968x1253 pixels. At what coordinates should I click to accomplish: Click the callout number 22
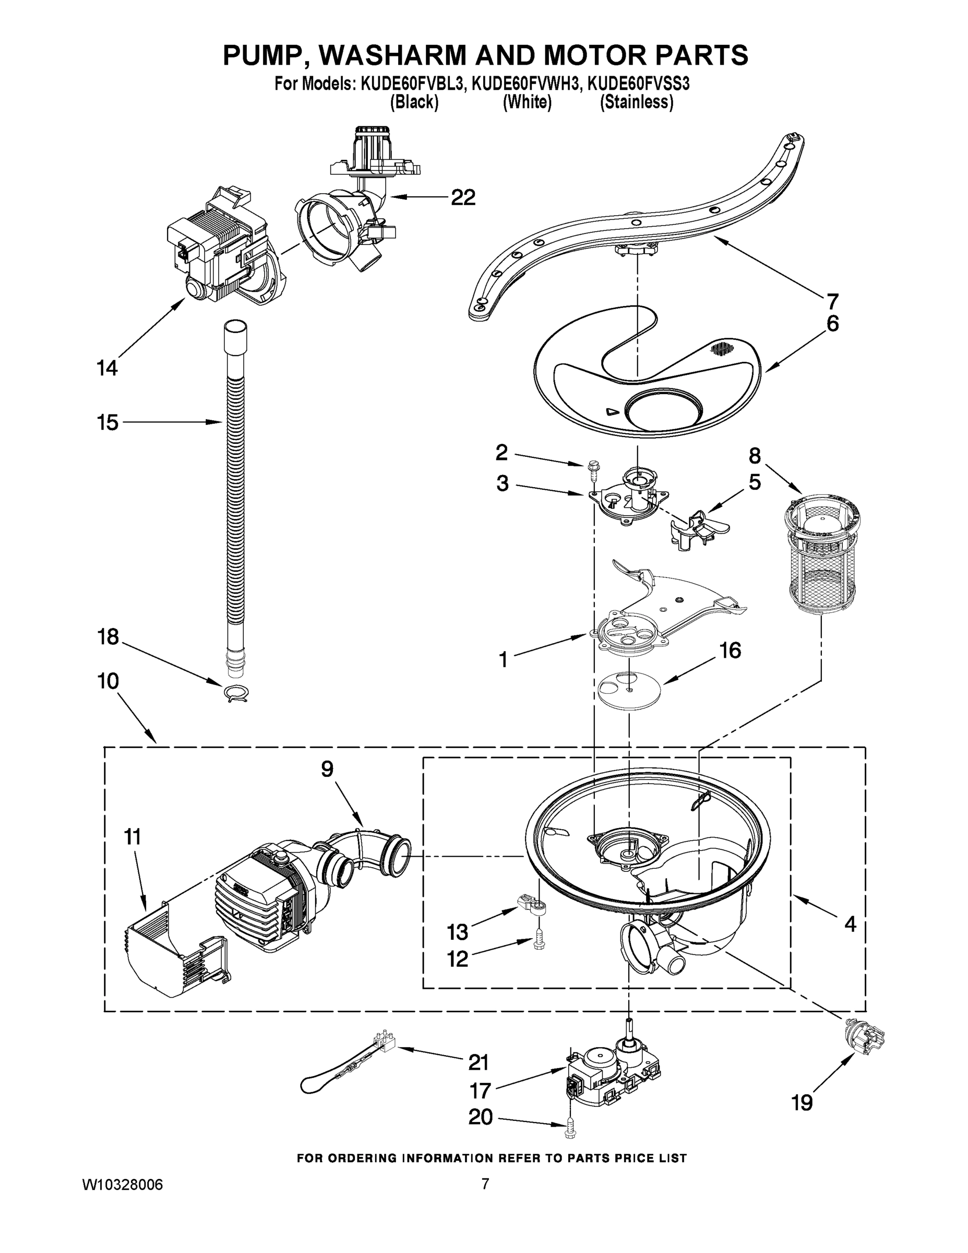coord(463,197)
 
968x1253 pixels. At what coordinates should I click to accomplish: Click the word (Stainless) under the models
coord(637,103)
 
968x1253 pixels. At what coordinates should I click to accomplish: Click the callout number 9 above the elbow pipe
coord(327,769)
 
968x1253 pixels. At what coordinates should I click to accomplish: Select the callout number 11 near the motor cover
coord(133,837)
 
